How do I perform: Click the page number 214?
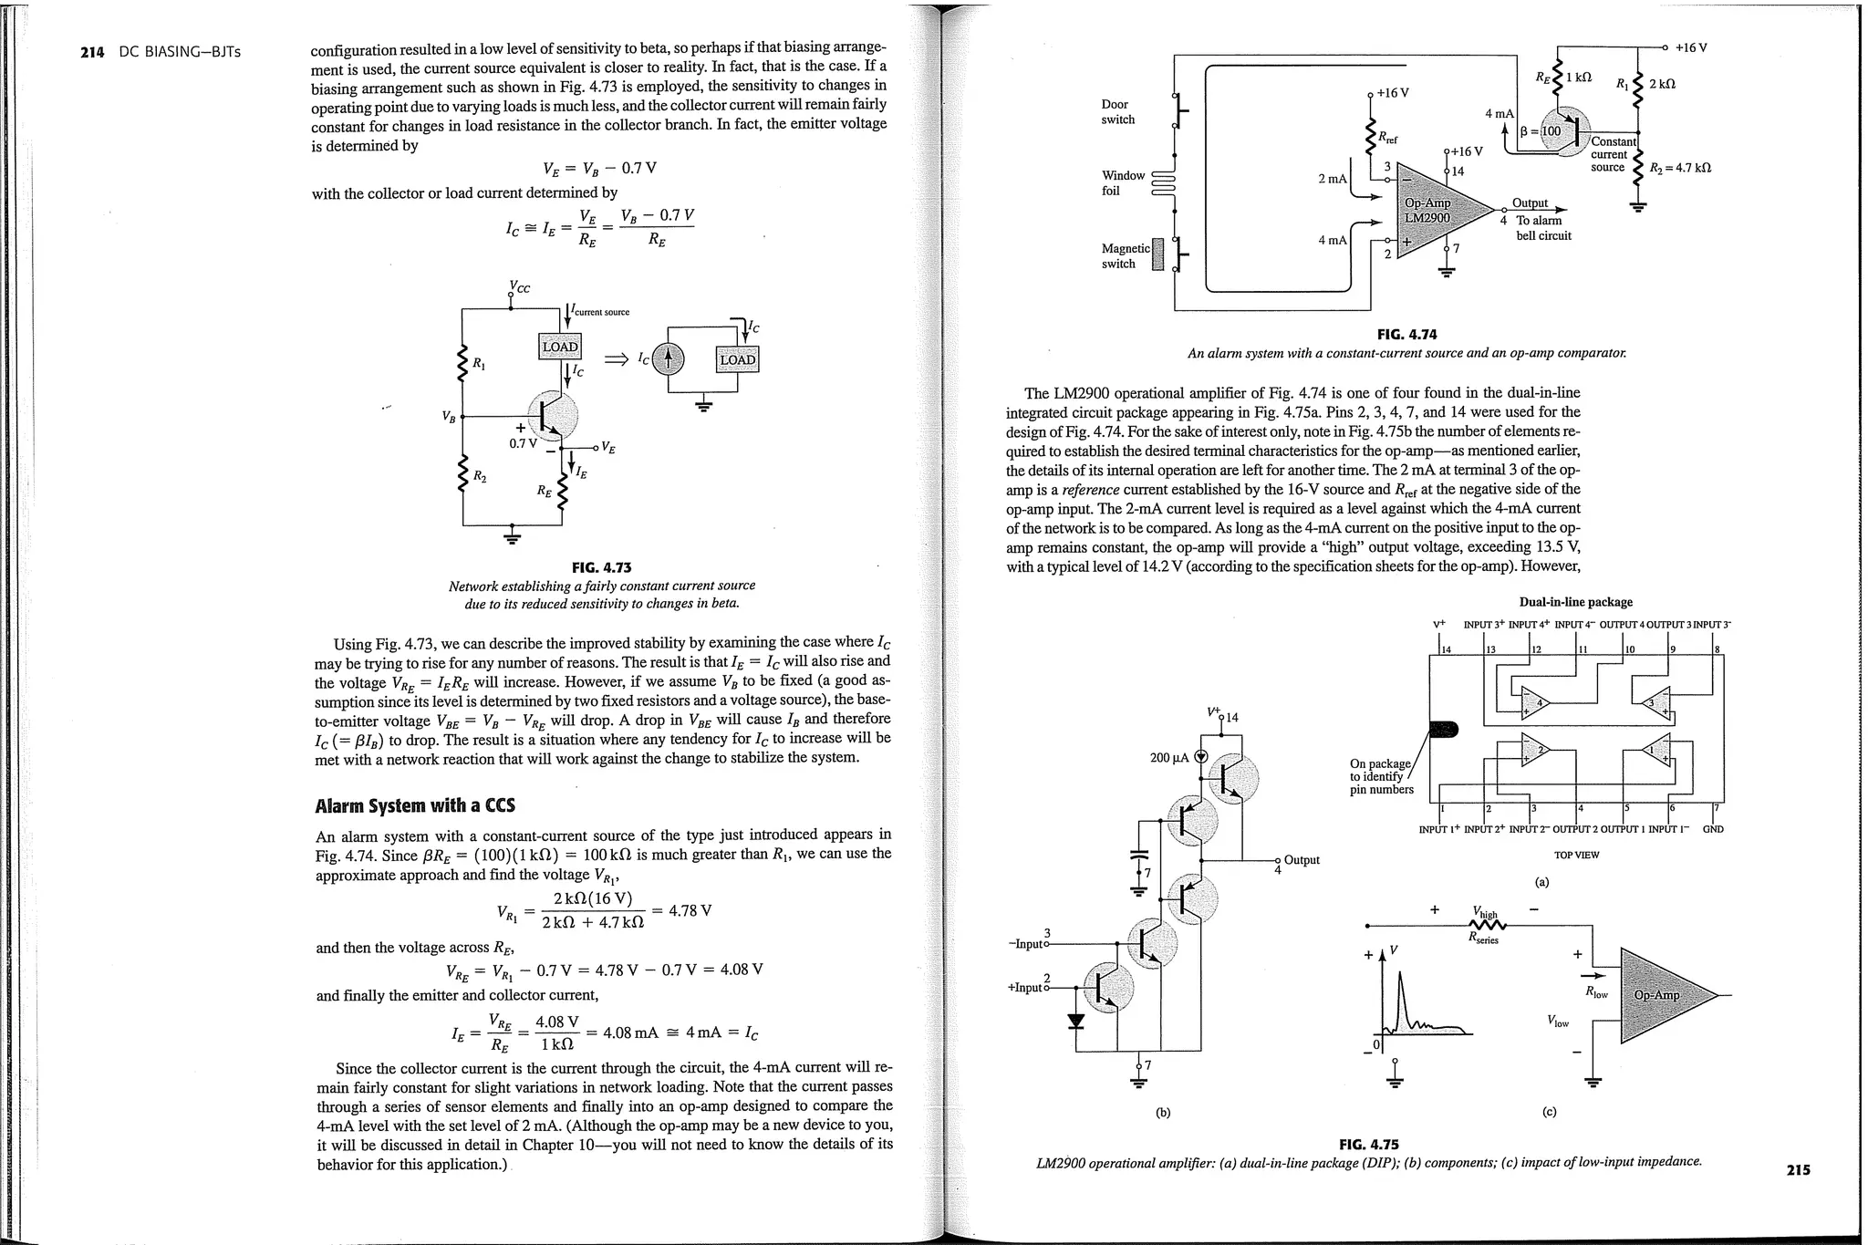tap(92, 52)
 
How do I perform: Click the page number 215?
tap(1798, 1170)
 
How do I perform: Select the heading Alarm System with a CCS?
tap(414, 805)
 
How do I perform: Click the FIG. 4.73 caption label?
tap(601, 567)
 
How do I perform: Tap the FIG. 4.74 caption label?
tap(1406, 335)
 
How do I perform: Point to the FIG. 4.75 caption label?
tap(1368, 1144)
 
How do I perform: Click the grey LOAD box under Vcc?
tap(560, 347)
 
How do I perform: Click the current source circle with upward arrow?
tap(669, 358)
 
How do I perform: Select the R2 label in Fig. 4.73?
tap(479, 476)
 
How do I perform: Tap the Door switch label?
tap(1117, 112)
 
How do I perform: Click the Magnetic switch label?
tap(1125, 255)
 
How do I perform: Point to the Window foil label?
tap(1123, 182)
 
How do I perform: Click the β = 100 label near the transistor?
tap(1541, 130)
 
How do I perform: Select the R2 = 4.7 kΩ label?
tap(1680, 168)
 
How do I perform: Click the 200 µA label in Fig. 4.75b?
tap(1169, 757)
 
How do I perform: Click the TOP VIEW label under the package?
tap(1576, 855)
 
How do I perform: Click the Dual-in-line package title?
tap(1575, 602)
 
